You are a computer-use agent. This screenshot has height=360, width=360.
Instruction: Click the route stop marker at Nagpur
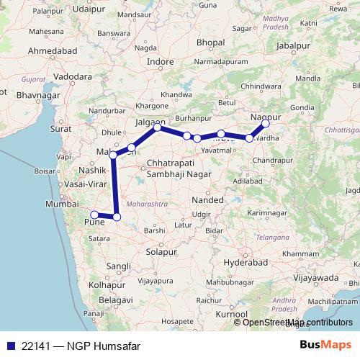coord(266,124)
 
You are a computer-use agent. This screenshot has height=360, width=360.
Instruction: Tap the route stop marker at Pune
coord(94,214)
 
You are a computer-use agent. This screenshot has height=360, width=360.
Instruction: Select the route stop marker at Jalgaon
coord(157,127)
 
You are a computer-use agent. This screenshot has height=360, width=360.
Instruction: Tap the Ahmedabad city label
coord(50,51)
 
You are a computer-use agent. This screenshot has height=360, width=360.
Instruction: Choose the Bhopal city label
coord(210,43)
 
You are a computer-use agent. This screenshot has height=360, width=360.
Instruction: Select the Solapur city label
coord(161,252)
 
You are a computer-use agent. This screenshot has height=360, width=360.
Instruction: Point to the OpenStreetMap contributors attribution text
coord(297,322)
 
